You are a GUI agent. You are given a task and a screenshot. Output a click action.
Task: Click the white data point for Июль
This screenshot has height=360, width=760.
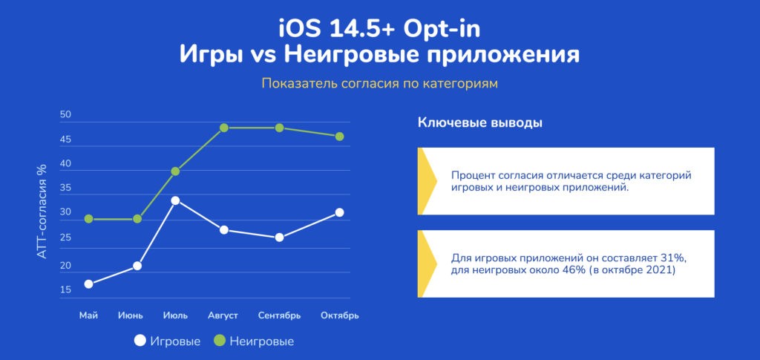(x=175, y=200)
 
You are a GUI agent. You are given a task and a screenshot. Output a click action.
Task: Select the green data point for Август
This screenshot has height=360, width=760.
(x=223, y=128)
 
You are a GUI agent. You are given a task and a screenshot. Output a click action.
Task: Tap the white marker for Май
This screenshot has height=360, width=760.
(x=89, y=284)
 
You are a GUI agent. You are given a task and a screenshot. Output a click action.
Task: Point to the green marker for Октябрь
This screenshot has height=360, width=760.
(x=339, y=137)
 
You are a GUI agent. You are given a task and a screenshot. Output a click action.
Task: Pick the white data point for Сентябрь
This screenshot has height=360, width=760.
(x=279, y=238)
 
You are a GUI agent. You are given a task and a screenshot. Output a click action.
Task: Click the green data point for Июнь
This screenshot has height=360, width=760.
(x=137, y=219)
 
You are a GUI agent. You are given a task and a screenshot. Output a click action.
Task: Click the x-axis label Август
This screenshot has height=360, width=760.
(x=223, y=316)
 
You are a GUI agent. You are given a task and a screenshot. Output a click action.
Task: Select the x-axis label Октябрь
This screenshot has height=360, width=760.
(x=340, y=316)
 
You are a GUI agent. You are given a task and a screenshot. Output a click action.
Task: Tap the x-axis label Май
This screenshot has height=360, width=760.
(x=89, y=315)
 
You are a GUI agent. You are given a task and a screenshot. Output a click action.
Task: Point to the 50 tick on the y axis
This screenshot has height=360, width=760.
(x=65, y=115)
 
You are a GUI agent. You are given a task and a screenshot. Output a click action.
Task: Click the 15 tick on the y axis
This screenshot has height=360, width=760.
(x=65, y=289)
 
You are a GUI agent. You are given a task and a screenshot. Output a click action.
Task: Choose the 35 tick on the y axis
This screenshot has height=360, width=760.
(x=65, y=189)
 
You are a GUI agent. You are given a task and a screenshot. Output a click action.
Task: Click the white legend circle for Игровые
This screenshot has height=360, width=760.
(x=140, y=341)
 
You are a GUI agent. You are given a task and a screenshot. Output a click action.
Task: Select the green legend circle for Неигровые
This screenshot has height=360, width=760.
(x=220, y=341)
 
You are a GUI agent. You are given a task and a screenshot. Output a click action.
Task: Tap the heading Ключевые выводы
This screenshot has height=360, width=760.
(x=480, y=123)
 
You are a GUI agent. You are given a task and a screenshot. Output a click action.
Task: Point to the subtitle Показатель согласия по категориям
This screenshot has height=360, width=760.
(x=380, y=84)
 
